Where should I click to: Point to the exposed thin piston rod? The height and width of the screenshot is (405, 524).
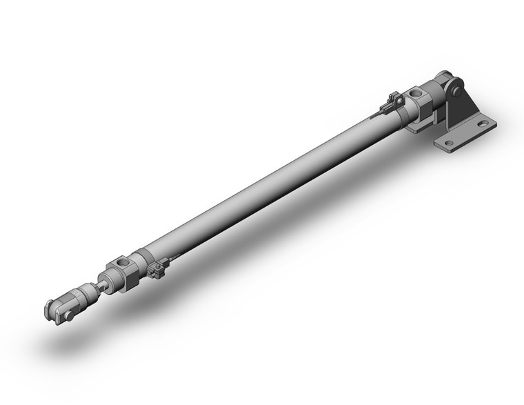pos(101,282)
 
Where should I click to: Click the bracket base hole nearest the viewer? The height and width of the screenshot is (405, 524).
pos(449,144)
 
